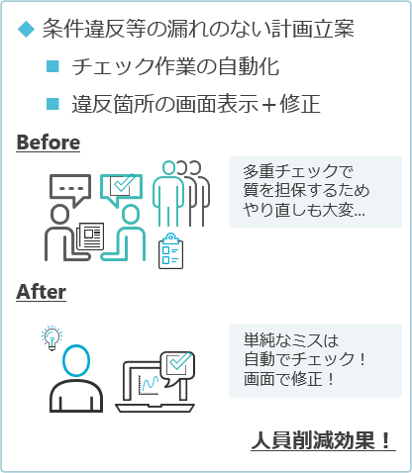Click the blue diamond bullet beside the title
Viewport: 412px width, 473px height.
(26, 29)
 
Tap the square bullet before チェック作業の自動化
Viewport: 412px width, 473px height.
(52, 66)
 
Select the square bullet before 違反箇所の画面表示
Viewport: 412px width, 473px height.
(52, 104)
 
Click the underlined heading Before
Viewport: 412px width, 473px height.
(49, 142)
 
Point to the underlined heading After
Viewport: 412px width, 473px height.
(41, 292)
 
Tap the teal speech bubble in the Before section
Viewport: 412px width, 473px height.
(121, 190)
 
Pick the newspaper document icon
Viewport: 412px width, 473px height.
(90, 236)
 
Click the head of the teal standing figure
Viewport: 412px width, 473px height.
(168, 168)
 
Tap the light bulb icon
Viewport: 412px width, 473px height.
(51, 337)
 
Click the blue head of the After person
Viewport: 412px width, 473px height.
(76, 361)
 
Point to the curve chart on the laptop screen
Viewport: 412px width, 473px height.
(149, 385)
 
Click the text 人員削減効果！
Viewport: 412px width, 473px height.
(323, 440)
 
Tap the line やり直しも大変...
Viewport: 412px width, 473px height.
(304, 210)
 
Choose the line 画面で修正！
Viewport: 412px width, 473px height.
(290, 379)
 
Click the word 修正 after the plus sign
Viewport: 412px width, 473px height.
(300, 104)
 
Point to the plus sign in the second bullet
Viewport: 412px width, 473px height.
(269, 105)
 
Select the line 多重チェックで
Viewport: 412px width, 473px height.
(298, 171)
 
